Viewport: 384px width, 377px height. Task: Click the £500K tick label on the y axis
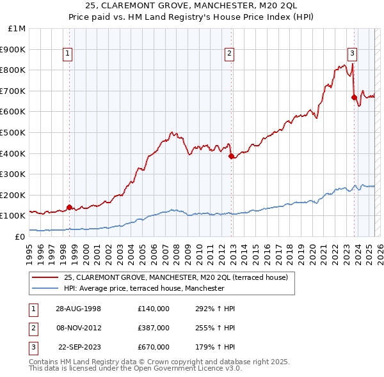point(13,132)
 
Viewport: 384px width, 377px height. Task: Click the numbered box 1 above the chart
point(68,54)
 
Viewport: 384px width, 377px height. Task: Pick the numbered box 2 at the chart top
point(229,54)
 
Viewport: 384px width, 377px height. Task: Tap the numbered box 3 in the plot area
point(352,54)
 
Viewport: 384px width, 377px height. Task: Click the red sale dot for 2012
point(231,155)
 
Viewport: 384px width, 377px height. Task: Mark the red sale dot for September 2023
point(354,97)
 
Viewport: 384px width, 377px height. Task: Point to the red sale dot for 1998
point(70,207)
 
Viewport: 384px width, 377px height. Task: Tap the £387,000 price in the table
point(153,328)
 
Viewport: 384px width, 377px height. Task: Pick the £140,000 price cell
point(153,309)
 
